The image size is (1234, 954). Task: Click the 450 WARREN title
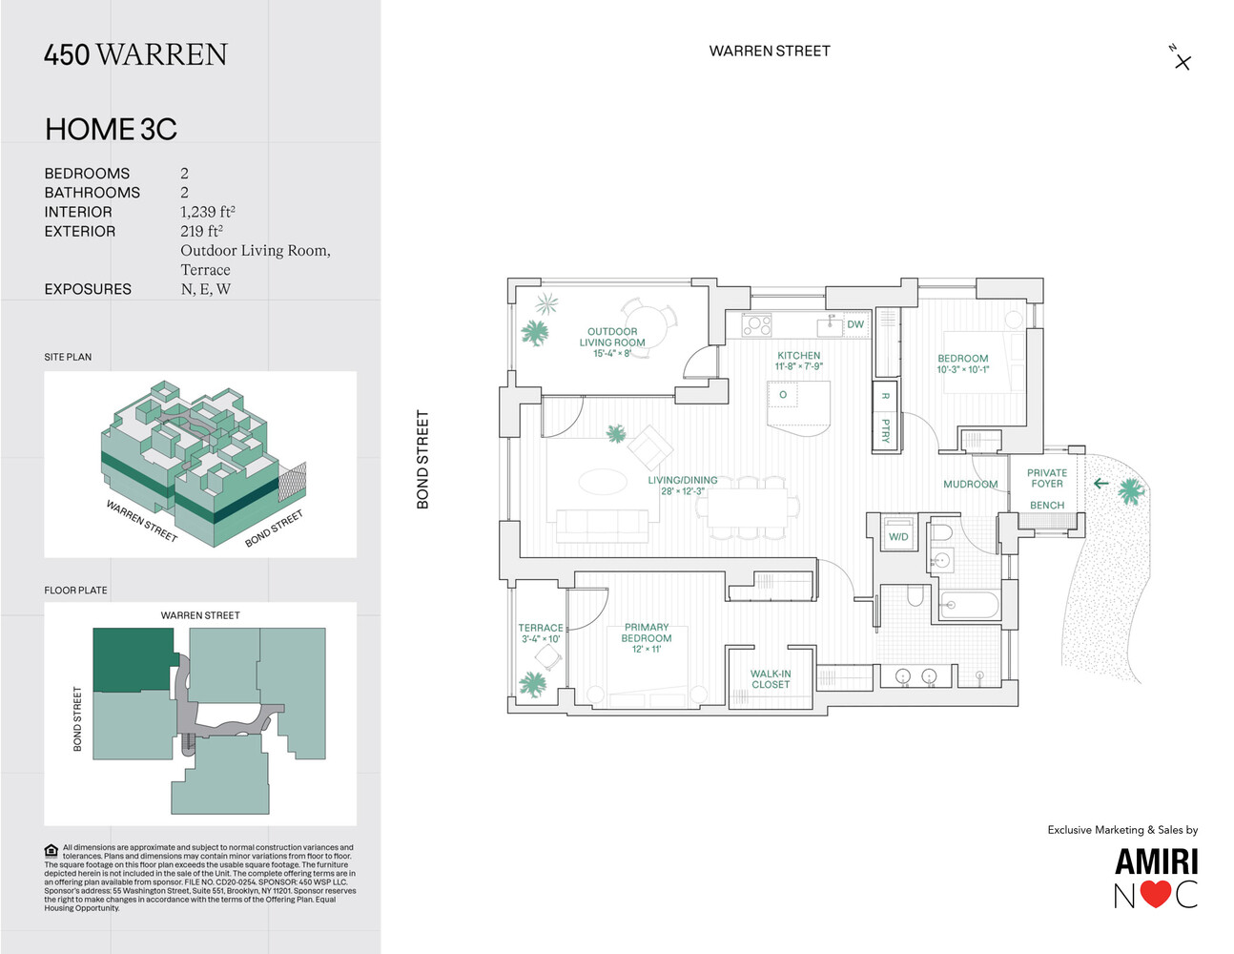(135, 54)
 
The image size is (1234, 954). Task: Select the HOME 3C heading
(111, 129)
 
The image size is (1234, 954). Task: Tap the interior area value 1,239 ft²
(207, 212)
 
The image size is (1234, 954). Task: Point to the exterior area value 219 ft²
(201, 231)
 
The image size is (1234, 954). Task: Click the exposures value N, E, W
(205, 289)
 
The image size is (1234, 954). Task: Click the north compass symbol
(1182, 60)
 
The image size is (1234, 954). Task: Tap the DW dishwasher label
(855, 324)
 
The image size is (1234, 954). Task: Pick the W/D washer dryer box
(898, 535)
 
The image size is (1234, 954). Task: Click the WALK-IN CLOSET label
(771, 678)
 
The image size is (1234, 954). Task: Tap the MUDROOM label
(970, 484)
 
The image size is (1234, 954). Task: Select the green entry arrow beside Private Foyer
(1100, 483)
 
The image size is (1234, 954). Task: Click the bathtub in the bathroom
(969, 605)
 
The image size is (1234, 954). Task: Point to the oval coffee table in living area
(603, 482)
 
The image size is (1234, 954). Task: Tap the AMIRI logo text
(1156, 861)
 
